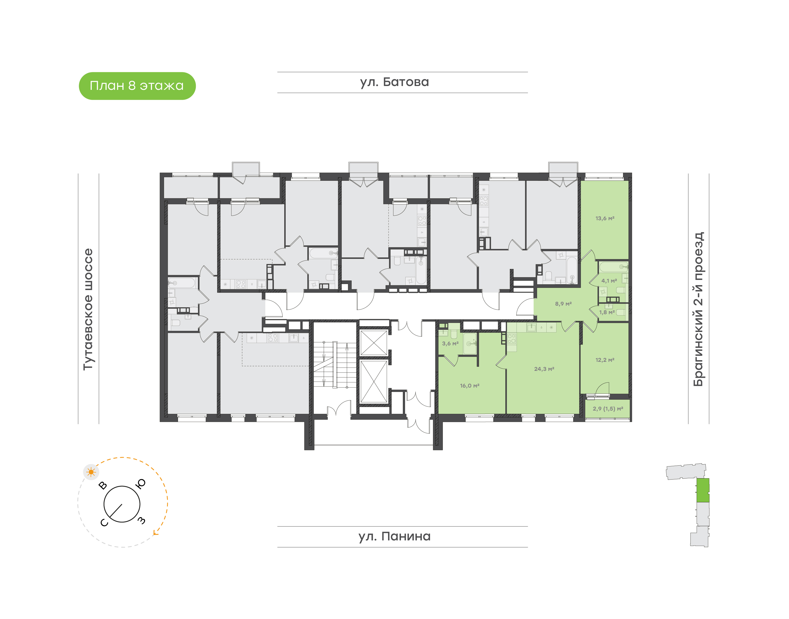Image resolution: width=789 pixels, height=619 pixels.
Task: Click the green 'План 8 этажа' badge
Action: point(137,86)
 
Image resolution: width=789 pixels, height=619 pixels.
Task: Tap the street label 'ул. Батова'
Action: point(394,82)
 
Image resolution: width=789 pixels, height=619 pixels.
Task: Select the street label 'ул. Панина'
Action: point(394,536)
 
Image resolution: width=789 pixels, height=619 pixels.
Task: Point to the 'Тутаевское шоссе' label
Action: point(88,309)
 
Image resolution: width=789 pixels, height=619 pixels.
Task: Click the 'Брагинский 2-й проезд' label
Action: point(698,309)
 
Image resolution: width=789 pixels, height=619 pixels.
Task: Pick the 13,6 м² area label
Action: point(605,218)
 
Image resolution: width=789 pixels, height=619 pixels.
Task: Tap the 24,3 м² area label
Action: point(544,369)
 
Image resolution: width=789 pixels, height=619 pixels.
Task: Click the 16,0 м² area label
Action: point(470,386)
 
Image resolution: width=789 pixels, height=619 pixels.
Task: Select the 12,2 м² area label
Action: point(605,360)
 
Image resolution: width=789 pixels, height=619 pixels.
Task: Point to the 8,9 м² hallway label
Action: point(563,304)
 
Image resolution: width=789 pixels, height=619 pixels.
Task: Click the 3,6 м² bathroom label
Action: point(450,343)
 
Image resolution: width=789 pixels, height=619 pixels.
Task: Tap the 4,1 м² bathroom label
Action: point(609,280)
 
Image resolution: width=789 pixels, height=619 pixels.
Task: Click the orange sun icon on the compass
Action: point(91,472)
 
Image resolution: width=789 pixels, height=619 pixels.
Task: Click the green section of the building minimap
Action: point(703,490)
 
